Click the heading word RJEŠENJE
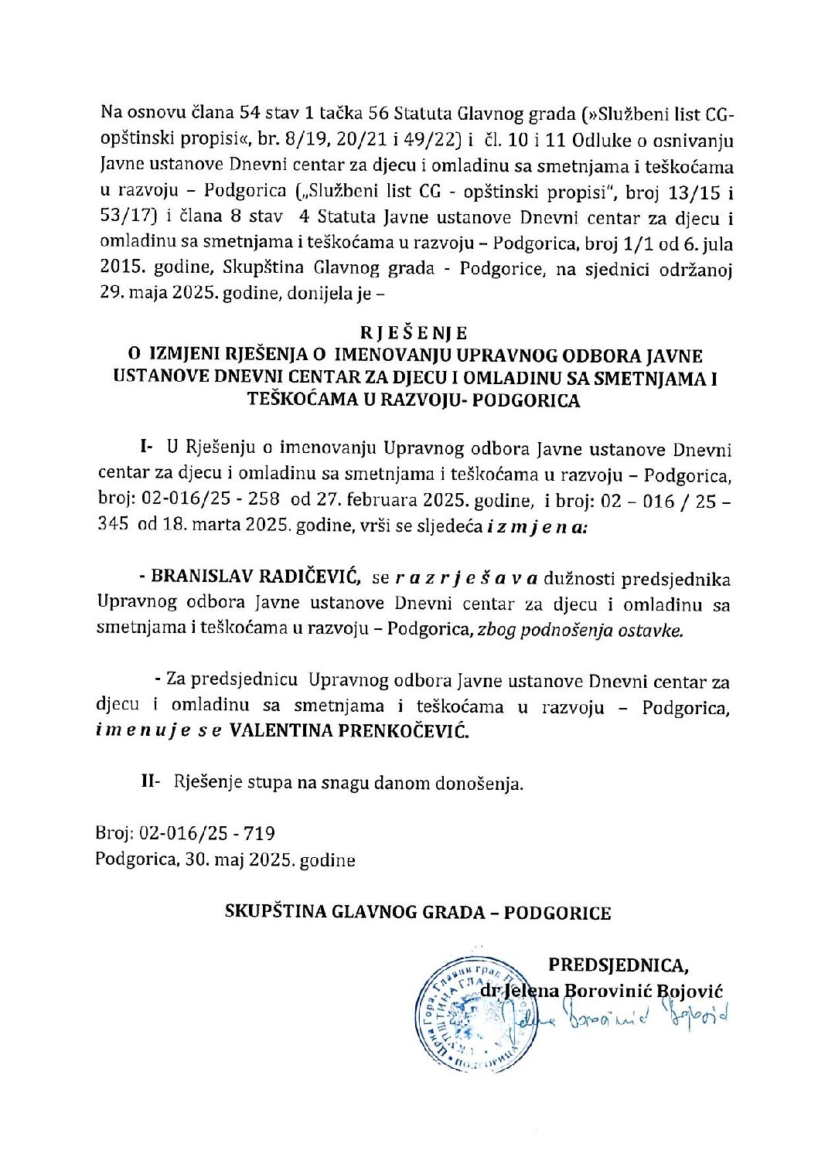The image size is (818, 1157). click(x=414, y=333)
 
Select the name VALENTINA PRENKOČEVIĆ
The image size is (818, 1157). click(x=349, y=731)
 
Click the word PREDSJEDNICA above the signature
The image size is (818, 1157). click(x=618, y=965)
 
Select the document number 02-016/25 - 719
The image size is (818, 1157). click(x=206, y=833)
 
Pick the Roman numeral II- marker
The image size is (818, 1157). click(x=150, y=782)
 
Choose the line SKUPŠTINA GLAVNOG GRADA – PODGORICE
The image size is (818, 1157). click(x=418, y=912)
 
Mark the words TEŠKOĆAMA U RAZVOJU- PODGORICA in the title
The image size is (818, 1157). click(x=413, y=400)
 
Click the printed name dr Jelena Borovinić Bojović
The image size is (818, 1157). click(x=601, y=990)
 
